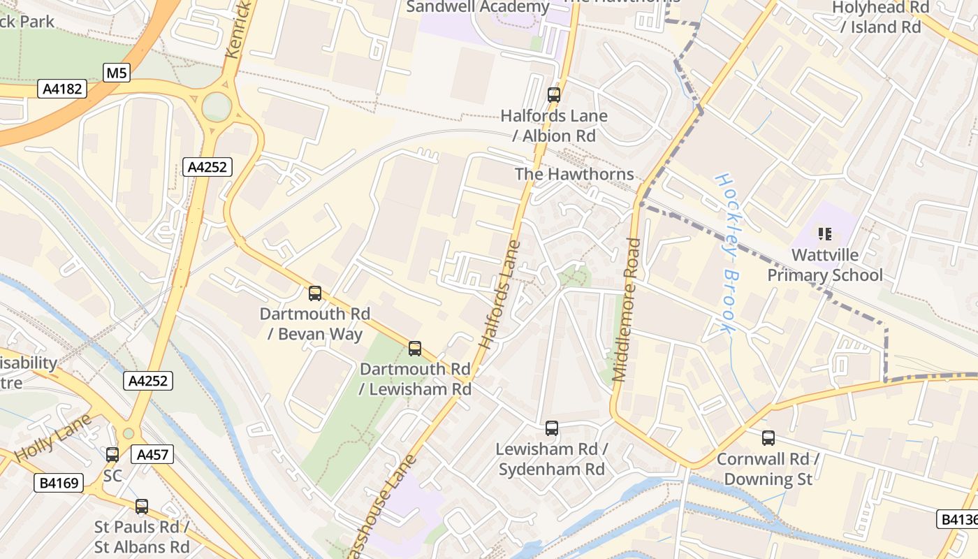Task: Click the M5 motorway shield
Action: click(x=117, y=73)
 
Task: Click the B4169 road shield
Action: click(x=59, y=482)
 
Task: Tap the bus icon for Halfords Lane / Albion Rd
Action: click(x=554, y=95)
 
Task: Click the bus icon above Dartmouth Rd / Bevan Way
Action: click(x=315, y=293)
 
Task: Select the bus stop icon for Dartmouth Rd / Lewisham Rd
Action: click(x=415, y=349)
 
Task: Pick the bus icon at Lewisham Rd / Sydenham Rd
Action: click(x=552, y=428)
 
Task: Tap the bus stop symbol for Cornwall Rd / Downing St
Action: click(x=768, y=438)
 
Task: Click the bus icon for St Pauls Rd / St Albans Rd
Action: click(x=142, y=507)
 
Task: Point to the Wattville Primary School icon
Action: click(x=825, y=234)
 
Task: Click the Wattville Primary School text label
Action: click(x=825, y=266)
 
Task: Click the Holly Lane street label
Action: click(x=53, y=437)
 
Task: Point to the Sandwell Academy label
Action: click(x=477, y=7)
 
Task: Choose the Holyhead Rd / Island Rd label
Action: click(x=880, y=17)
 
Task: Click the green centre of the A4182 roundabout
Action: click(x=217, y=107)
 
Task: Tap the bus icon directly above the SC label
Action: click(x=112, y=455)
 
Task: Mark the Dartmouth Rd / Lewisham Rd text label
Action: click(x=415, y=379)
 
